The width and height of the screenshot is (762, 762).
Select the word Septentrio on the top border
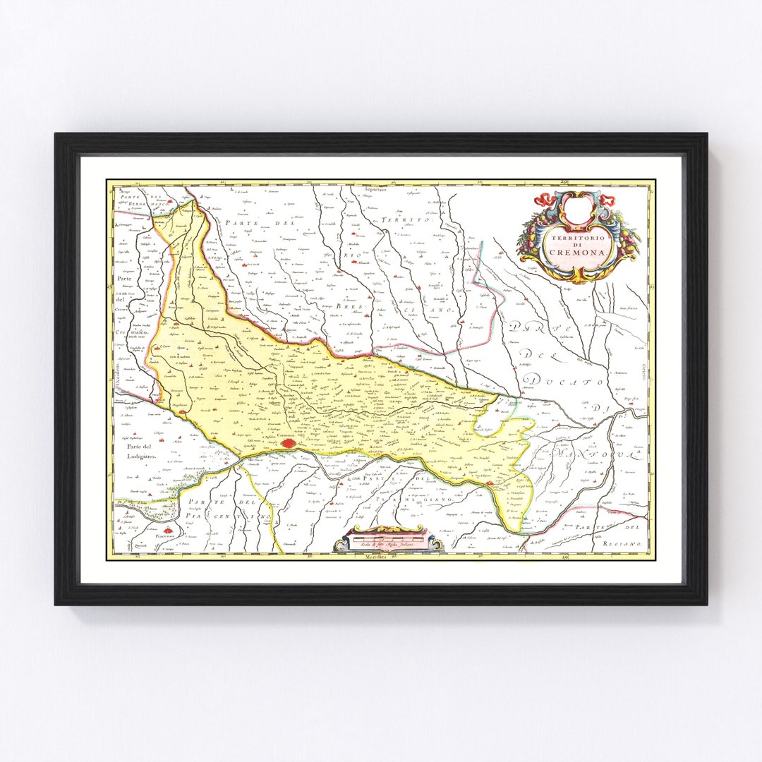click(376, 189)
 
